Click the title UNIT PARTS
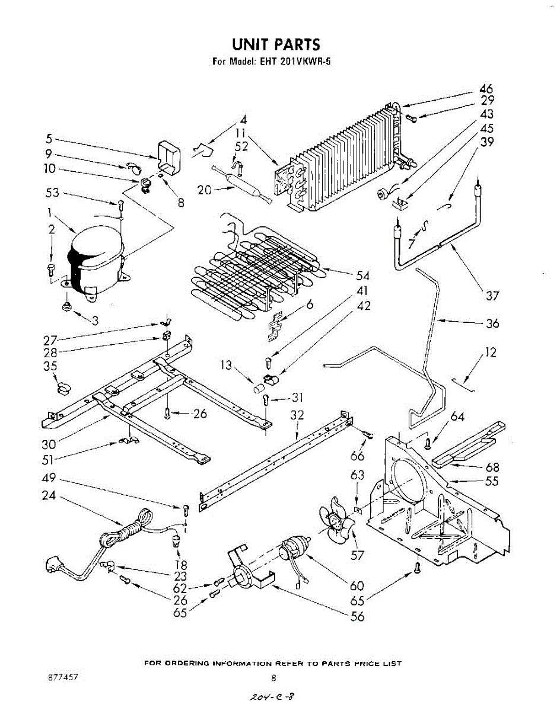[x=276, y=44]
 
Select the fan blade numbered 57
[x=336, y=525]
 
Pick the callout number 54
[x=362, y=276]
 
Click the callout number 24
[x=49, y=495]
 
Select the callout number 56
[x=358, y=617]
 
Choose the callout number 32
[x=297, y=416]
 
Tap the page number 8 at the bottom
[x=273, y=678]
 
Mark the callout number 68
[x=492, y=467]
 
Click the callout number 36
[x=492, y=324]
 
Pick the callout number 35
[x=50, y=366]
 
